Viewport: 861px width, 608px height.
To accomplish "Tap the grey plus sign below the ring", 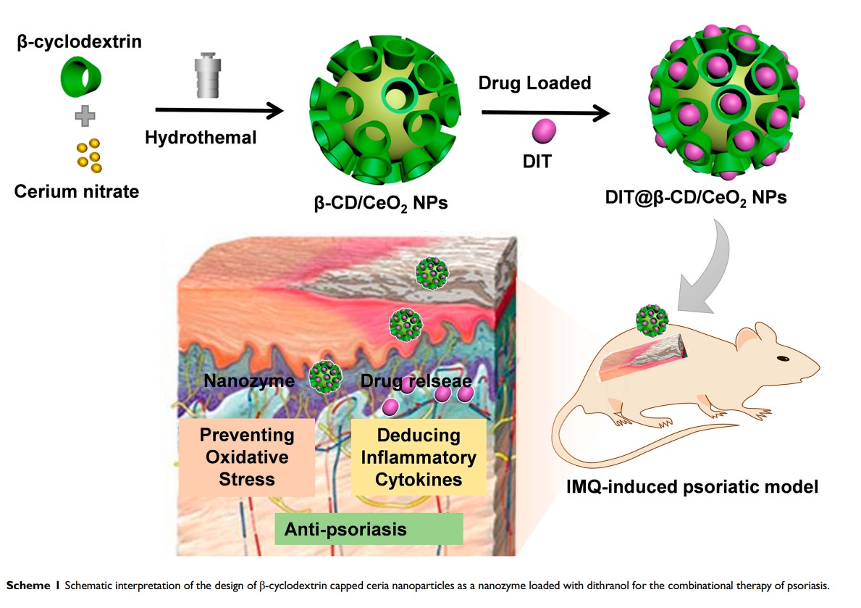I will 85,116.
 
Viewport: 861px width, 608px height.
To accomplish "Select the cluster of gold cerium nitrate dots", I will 89,156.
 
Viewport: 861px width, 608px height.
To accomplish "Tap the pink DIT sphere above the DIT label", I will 545,132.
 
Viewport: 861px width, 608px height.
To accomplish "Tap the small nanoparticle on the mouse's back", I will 652,320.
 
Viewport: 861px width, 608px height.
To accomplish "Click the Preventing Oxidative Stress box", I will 247,457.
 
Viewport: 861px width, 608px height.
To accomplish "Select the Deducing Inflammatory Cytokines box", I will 419,457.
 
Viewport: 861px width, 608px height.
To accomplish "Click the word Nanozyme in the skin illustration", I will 248,380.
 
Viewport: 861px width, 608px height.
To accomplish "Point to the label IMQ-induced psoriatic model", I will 692,486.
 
